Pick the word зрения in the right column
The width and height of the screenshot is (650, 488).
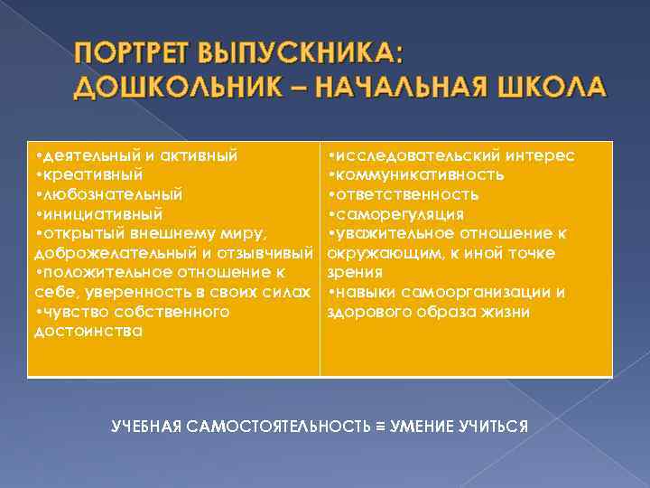point(355,272)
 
